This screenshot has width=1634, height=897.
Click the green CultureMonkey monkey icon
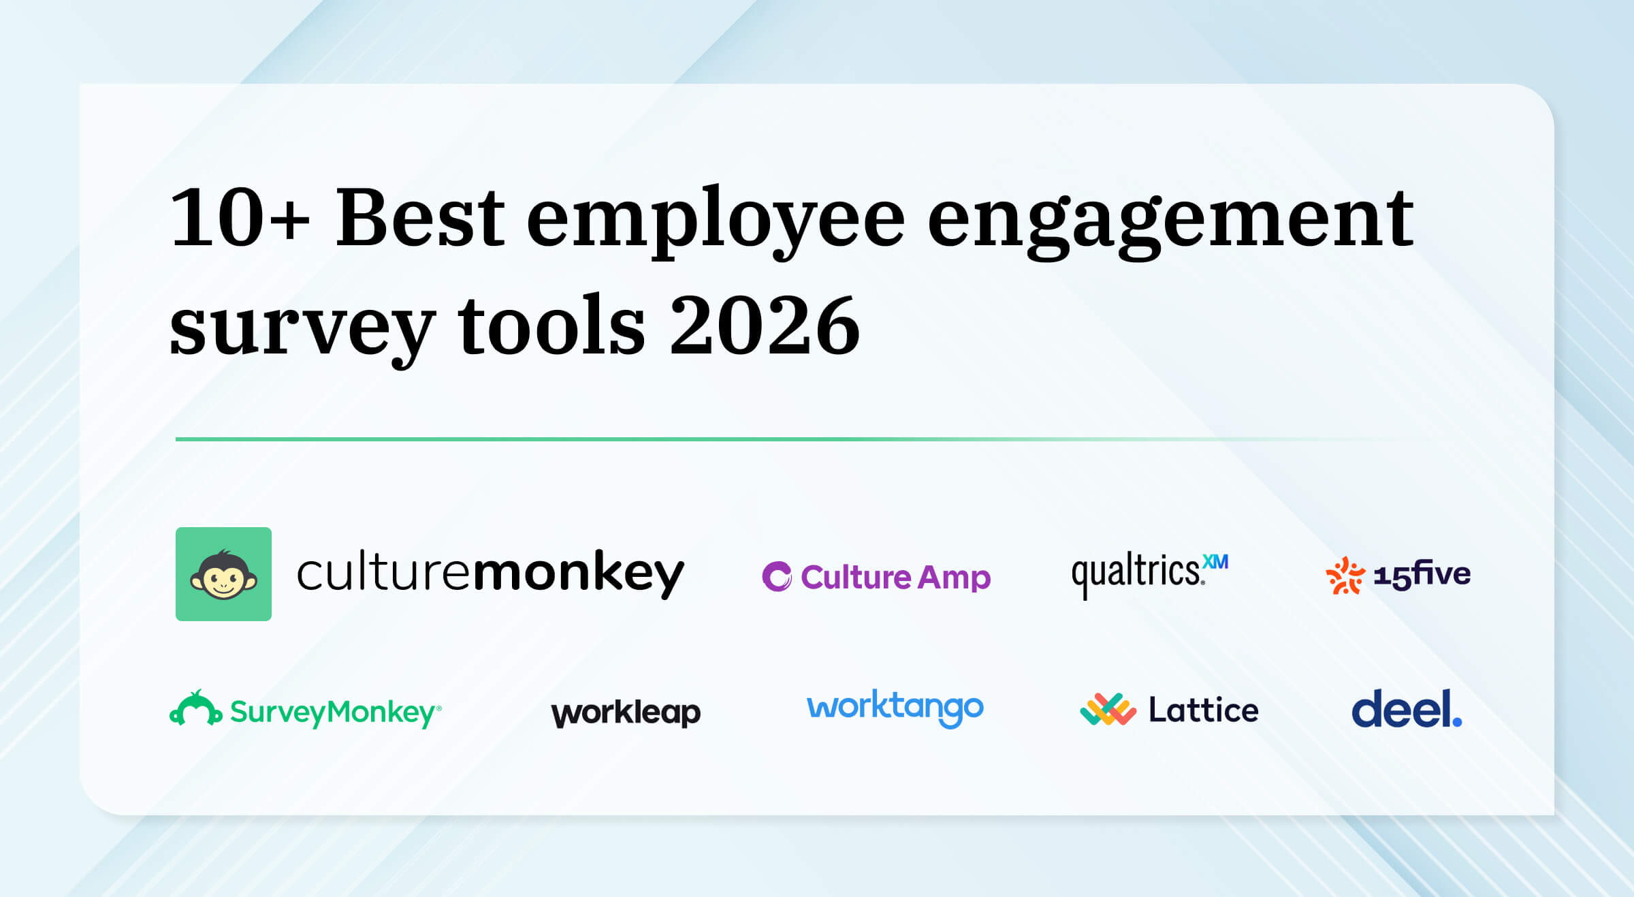tap(223, 574)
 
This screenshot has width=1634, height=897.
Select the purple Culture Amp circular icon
tap(777, 577)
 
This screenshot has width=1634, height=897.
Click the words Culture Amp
tap(895, 578)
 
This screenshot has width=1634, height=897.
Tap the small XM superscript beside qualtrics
tap(1215, 562)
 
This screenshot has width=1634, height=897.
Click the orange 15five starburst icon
tap(1345, 576)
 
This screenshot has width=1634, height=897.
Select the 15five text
tap(1422, 575)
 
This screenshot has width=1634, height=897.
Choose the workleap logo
tap(626, 712)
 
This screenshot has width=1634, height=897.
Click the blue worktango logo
tap(895, 708)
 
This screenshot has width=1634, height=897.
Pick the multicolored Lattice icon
tap(1108, 710)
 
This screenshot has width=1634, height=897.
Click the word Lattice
tap(1203, 710)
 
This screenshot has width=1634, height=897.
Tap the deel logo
tap(1406, 708)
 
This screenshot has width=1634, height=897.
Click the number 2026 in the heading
tap(765, 326)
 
